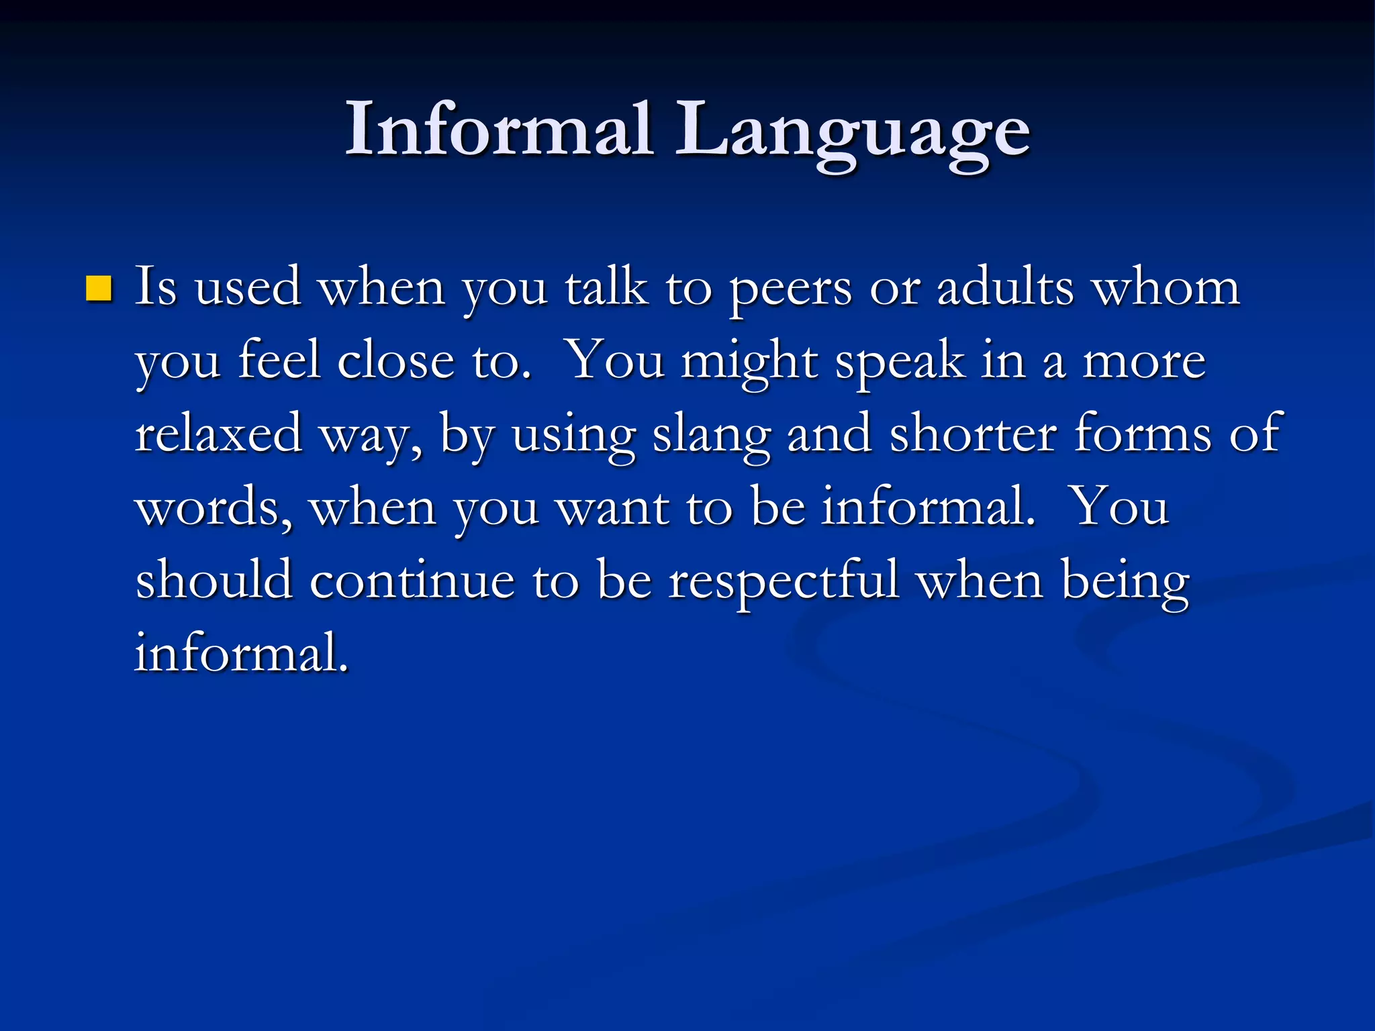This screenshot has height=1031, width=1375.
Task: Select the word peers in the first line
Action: click(790, 290)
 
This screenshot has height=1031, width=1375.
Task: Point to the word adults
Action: click(1004, 287)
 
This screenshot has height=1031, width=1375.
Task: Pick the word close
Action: click(395, 360)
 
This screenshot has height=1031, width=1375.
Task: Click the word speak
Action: click(899, 362)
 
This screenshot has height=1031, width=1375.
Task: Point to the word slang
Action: click(711, 436)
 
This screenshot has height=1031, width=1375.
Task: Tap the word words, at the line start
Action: click(214, 507)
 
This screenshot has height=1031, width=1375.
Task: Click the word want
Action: click(613, 507)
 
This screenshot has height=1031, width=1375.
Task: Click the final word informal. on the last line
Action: click(242, 652)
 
